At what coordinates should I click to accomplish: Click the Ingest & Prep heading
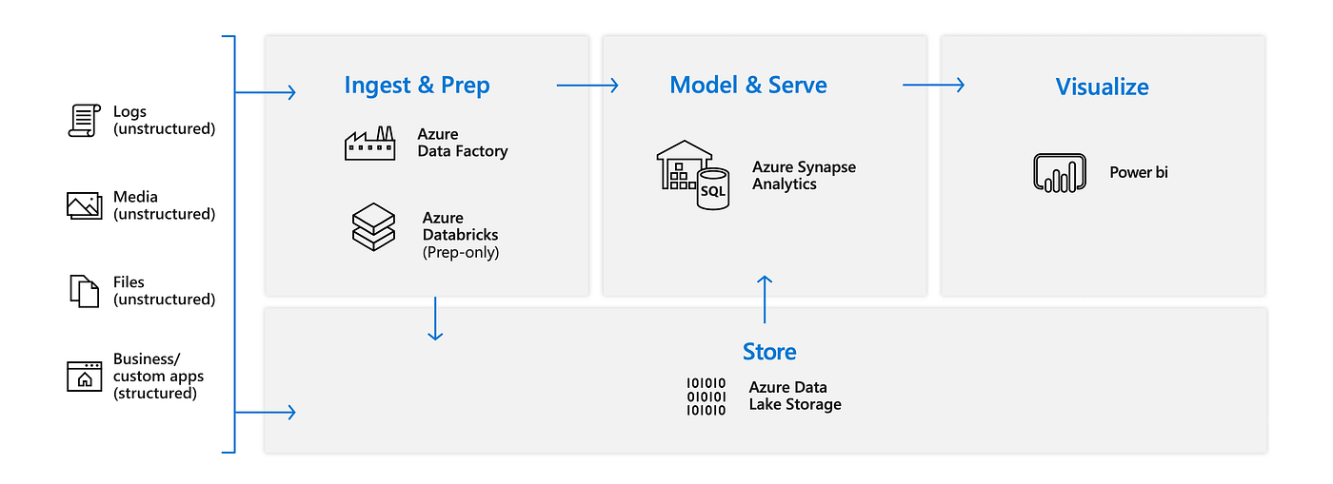(x=417, y=86)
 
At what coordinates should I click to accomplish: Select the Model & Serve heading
(x=748, y=85)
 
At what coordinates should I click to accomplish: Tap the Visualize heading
(x=1102, y=87)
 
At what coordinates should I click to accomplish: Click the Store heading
(x=769, y=352)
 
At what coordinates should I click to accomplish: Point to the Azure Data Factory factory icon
(x=369, y=144)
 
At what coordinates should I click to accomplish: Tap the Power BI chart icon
(x=1060, y=173)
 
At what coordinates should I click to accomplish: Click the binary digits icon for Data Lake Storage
(x=706, y=397)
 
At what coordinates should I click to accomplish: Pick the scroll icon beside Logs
(x=84, y=121)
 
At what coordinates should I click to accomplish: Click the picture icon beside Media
(x=84, y=205)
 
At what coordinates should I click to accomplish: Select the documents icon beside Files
(x=84, y=291)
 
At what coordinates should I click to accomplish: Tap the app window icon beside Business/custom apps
(x=84, y=377)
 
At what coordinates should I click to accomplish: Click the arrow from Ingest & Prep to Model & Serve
(x=587, y=86)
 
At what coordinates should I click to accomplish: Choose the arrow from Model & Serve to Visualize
(x=933, y=86)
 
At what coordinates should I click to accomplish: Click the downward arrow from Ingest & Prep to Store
(x=435, y=319)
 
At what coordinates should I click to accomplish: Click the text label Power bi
(x=1138, y=173)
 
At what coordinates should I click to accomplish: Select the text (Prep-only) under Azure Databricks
(x=461, y=253)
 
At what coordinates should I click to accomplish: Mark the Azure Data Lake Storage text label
(x=795, y=397)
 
